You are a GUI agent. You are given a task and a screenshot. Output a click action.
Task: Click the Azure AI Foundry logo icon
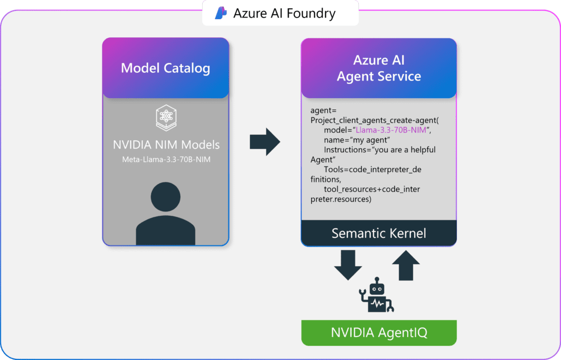point(221,13)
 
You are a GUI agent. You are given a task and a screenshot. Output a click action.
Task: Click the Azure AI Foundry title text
point(284,13)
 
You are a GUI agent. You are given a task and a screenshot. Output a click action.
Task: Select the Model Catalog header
point(165,68)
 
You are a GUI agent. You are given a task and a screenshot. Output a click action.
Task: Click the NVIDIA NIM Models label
point(165,145)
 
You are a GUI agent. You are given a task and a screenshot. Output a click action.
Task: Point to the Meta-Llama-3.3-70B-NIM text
point(165,159)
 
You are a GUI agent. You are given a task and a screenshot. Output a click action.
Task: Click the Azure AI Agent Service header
point(379,68)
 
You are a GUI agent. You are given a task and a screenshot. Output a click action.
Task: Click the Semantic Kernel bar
point(379,233)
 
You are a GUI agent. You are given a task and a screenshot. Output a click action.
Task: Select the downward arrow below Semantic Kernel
point(348,265)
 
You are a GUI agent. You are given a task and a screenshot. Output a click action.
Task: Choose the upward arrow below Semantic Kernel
point(406,265)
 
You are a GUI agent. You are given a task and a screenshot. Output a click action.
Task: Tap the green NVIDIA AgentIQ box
point(379,333)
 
